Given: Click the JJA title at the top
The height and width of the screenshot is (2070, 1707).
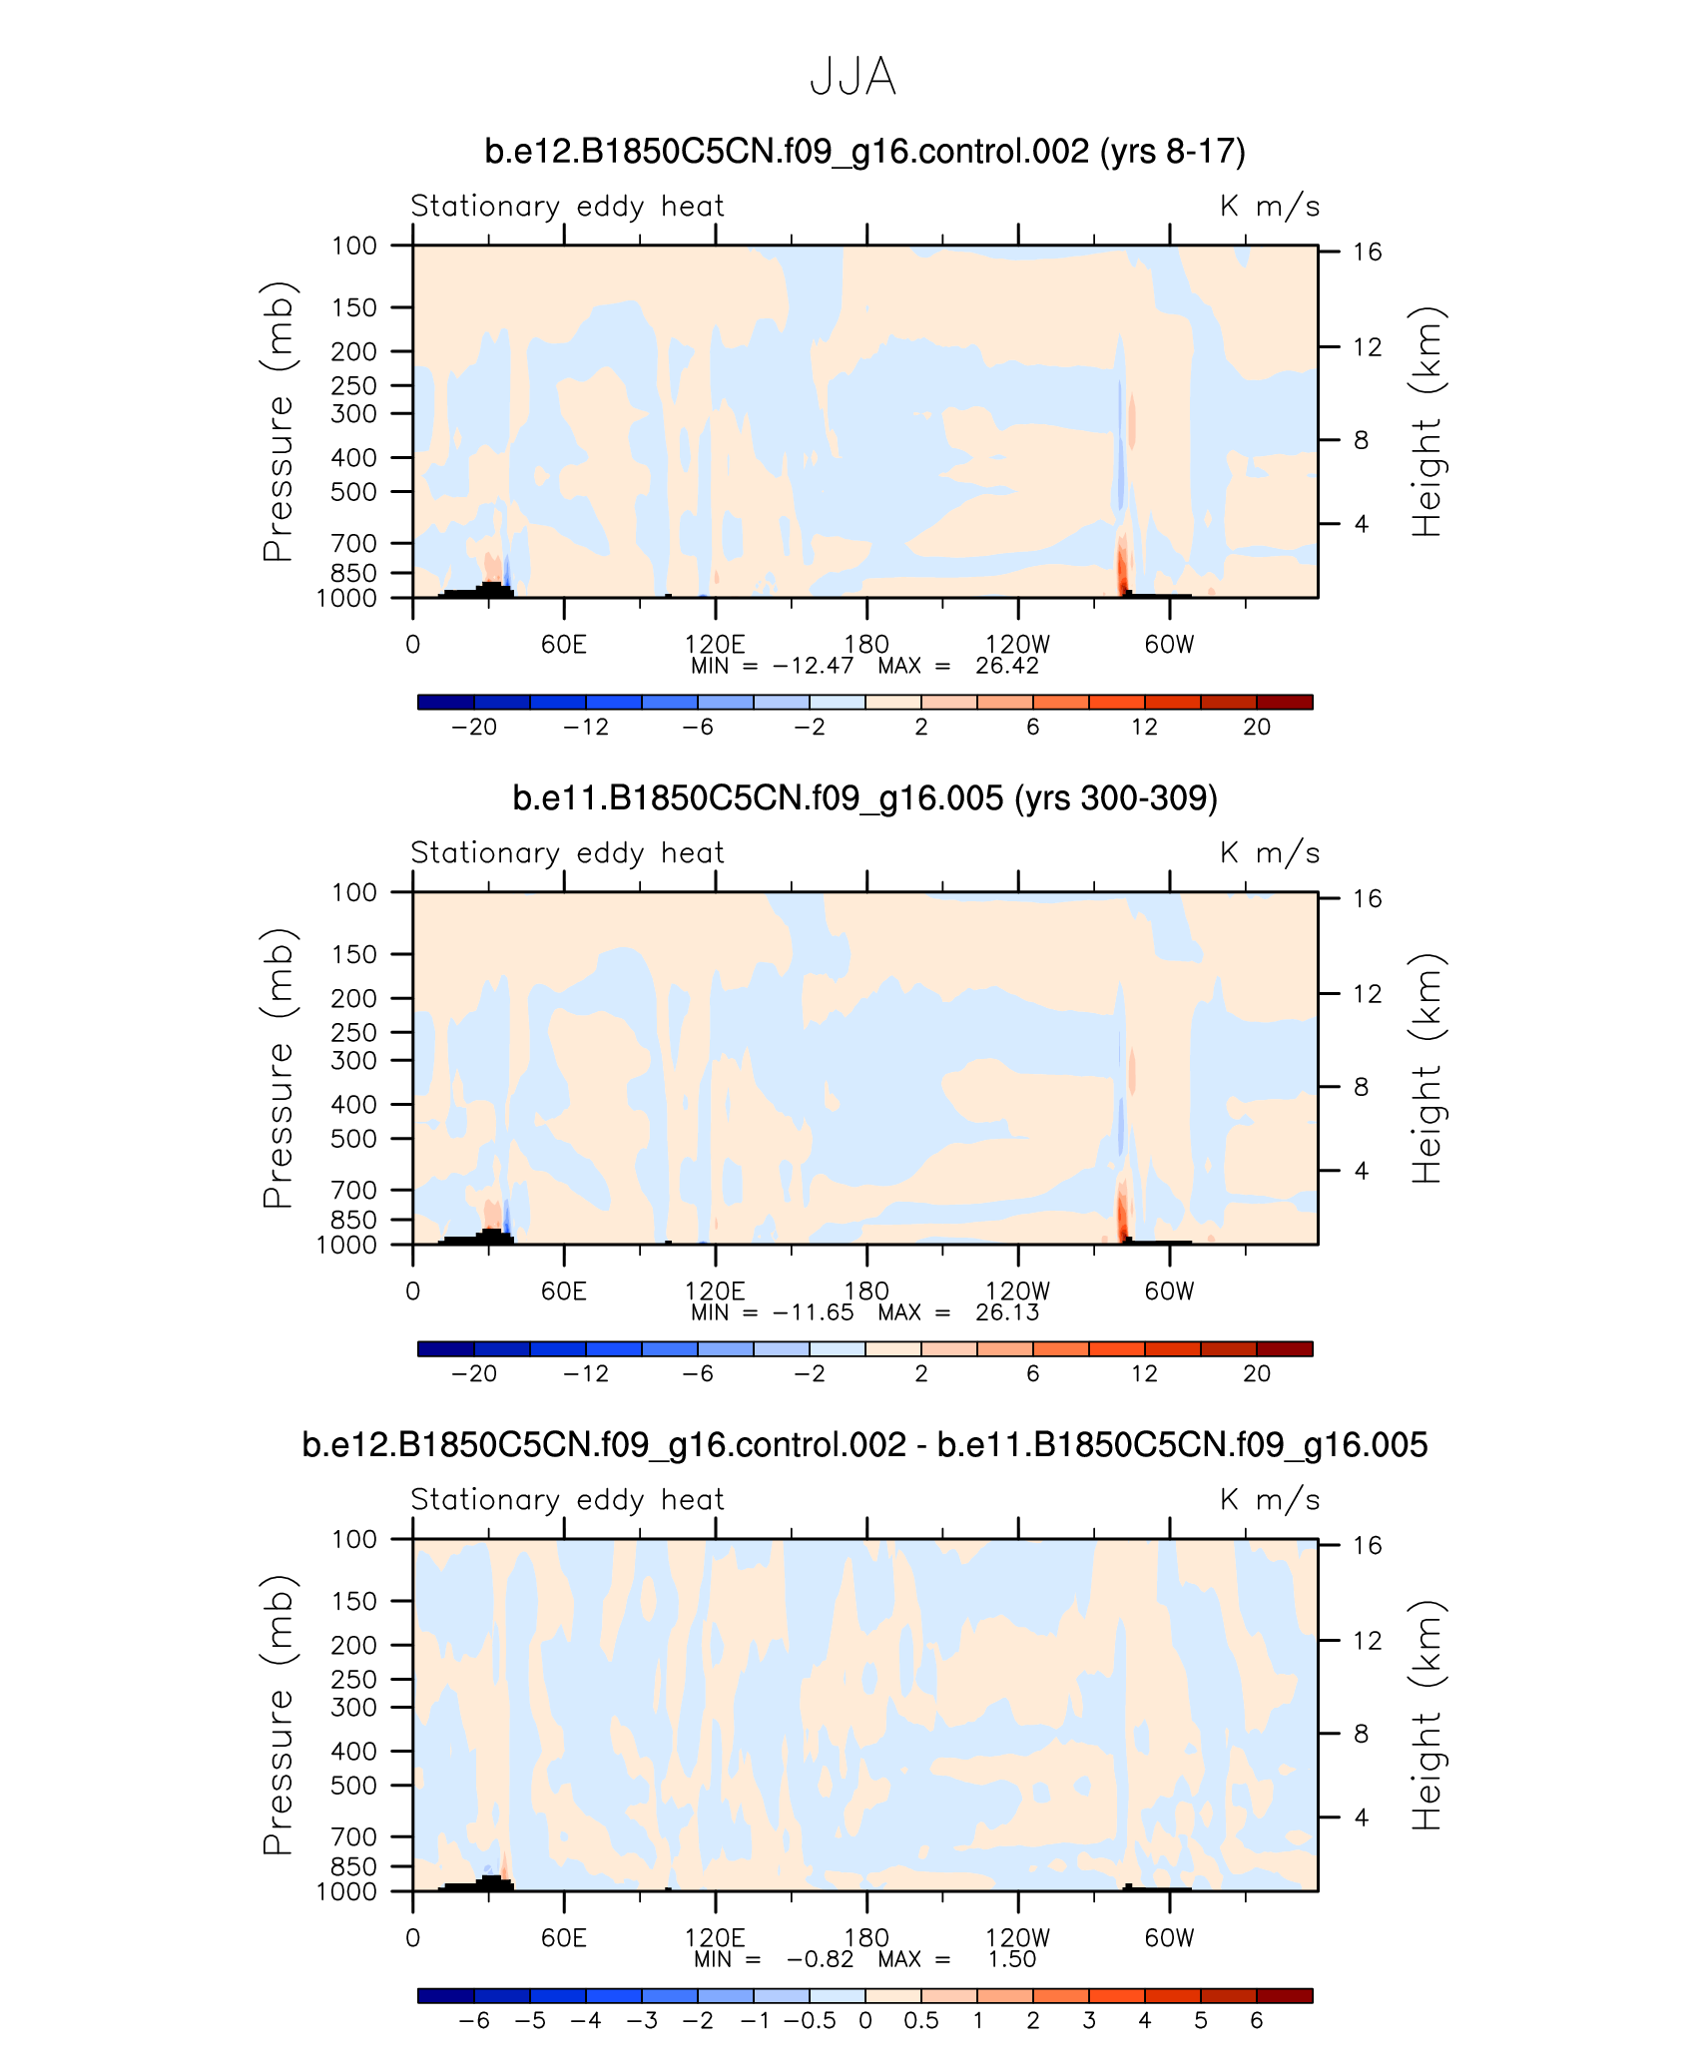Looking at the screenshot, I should click(x=853, y=77).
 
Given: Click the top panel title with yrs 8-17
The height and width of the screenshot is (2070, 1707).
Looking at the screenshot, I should click(x=864, y=152).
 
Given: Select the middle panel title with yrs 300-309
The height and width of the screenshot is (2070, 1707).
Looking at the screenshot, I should click(x=864, y=798).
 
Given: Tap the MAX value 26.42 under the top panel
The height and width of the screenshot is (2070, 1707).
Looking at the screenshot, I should click(x=1006, y=667).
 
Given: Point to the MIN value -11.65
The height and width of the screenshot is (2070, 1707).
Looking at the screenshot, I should click(x=813, y=1313).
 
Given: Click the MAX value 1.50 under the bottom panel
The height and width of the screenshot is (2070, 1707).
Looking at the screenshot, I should click(x=1011, y=1960).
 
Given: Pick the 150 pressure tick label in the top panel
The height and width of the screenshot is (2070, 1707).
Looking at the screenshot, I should click(x=354, y=308).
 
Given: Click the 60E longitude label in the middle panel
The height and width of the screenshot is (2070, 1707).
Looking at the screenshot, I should click(x=564, y=1292).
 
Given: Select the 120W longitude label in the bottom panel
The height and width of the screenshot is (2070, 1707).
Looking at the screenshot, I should click(x=1017, y=1938).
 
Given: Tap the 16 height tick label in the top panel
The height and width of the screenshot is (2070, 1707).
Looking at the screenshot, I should click(x=1367, y=253).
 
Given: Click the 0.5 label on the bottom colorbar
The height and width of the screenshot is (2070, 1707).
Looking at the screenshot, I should click(x=921, y=2021).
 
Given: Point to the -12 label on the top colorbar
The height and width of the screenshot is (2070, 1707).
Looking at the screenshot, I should click(x=586, y=728).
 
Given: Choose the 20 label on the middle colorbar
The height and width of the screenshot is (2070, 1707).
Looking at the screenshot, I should click(x=1257, y=1374).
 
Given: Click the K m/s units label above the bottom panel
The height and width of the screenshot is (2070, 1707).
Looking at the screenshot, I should click(x=1270, y=1500).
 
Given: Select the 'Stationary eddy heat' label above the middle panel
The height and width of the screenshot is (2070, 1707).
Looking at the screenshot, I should click(x=567, y=853).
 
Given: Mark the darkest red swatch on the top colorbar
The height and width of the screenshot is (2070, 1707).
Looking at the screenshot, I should click(x=1285, y=703).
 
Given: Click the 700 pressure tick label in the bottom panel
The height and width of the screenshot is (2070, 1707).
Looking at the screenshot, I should click(x=354, y=1837).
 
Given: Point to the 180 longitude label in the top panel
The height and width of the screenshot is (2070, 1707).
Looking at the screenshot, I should click(x=866, y=645).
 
